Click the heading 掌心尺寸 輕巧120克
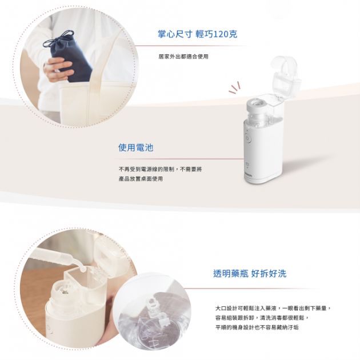pos(198,34)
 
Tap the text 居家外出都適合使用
pos(183,57)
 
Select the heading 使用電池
pos(135,147)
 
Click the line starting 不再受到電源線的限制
pos(160,170)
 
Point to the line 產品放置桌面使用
pos(141,179)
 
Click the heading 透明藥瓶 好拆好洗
pos(250,274)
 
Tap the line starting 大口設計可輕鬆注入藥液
pos(273,308)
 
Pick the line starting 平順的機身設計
pos(257,327)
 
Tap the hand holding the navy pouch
pos(57,67)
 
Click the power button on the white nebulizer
pos(248,138)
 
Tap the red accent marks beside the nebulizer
pos(235,89)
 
